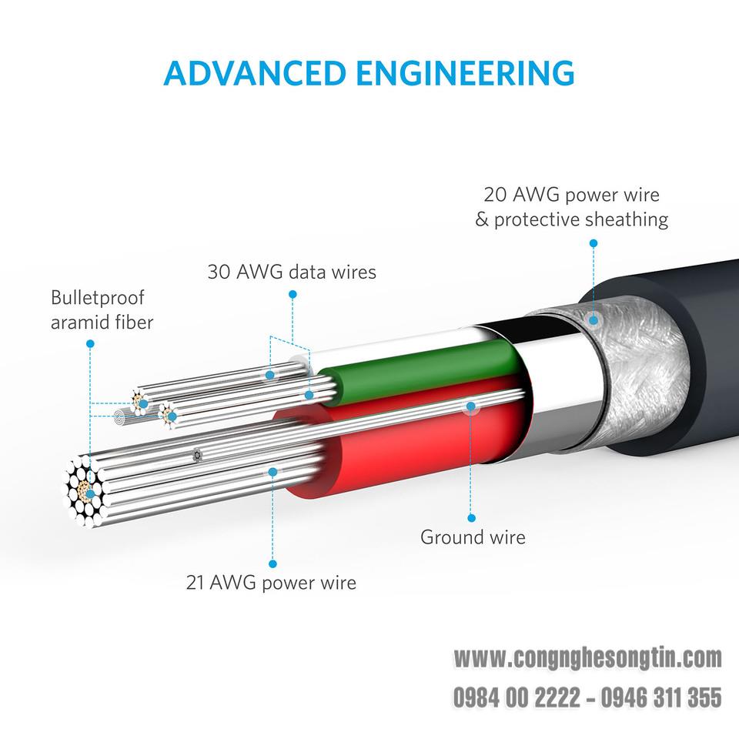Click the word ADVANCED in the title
point(255,73)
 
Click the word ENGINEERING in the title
point(465,73)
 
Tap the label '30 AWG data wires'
point(292,272)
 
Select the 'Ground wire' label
point(473,537)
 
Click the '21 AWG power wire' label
point(271,583)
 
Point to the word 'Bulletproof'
point(97,298)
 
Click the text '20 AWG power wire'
point(571,195)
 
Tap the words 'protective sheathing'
point(581,219)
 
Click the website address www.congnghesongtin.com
point(587,658)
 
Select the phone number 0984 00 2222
point(517,697)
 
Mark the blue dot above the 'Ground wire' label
point(471,518)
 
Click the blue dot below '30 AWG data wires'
point(293,295)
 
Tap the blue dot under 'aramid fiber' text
point(91,344)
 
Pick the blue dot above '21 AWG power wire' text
point(273,563)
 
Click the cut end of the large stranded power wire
point(85,490)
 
